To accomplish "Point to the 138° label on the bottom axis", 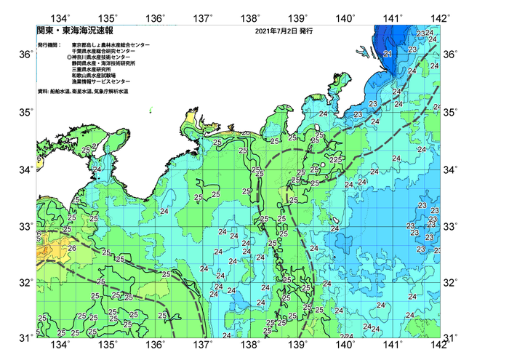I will tap(252, 345).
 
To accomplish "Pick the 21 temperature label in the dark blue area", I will tap(388, 54).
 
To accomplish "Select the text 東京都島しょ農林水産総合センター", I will tap(111, 45).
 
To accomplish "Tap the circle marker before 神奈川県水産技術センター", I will tap(69, 57).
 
